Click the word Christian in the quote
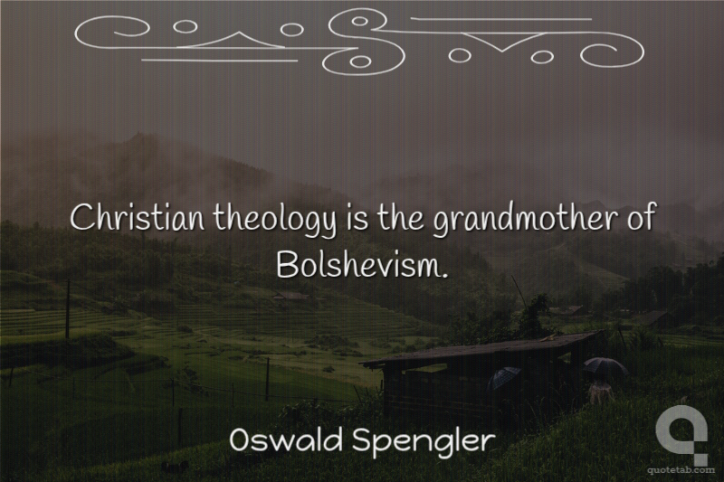pos(137,218)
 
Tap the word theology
pos(275,220)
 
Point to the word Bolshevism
pos(358,264)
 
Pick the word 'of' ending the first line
pos(641,217)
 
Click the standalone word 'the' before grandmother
pos(400,218)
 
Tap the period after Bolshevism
pos(444,275)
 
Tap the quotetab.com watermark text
pos(681,470)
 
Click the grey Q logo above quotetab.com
pos(681,433)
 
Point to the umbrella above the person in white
pos(605,366)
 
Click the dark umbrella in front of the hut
pos(505,377)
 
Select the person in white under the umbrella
pos(600,392)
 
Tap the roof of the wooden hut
pos(481,347)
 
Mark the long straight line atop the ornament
pos(501,19)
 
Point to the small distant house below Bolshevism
pos(291,296)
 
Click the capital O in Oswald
pos(241,440)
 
